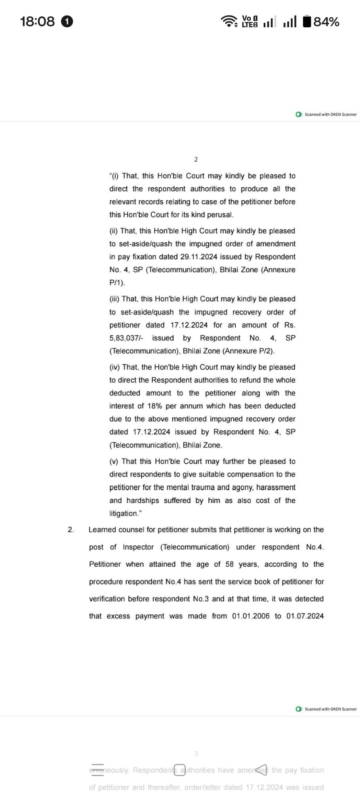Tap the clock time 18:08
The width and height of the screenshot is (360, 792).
[37, 21]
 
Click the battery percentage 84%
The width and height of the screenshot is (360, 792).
[326, 22]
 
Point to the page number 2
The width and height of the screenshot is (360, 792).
[196, 160]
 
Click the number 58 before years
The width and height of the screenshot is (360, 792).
[230, 564]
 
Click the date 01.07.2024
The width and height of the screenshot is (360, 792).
[305, 616]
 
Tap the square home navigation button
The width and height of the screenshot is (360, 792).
[179, 770]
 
